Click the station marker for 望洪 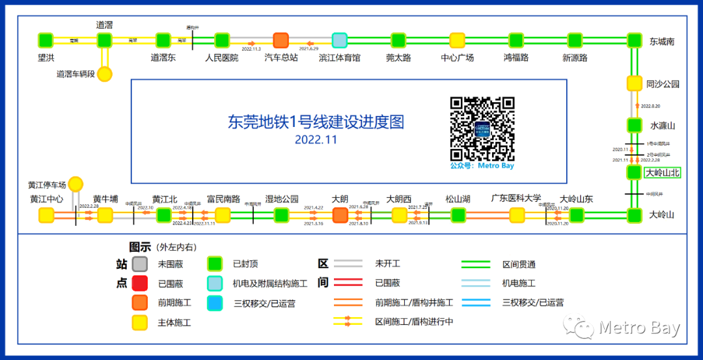coord(46,40)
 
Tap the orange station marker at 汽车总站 coord(281,40)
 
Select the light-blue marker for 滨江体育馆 coord(340,40)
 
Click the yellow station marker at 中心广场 coord(458,40)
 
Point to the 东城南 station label coord(661,41)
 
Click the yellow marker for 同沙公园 coord(635,83)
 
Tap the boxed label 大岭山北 coord(663,173)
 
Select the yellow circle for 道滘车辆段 coord(105,74)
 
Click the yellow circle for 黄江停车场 coord(76,184)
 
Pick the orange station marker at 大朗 coord(340,215)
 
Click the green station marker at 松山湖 coord(458,215)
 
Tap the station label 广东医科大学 coord(516,199)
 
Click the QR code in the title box coord(482,129)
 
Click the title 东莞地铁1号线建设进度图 coord(316,122)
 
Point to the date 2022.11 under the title coord(316,139)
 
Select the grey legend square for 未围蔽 coord(139,264)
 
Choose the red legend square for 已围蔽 coord(139,284)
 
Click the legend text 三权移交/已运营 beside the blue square coord(264,303)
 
